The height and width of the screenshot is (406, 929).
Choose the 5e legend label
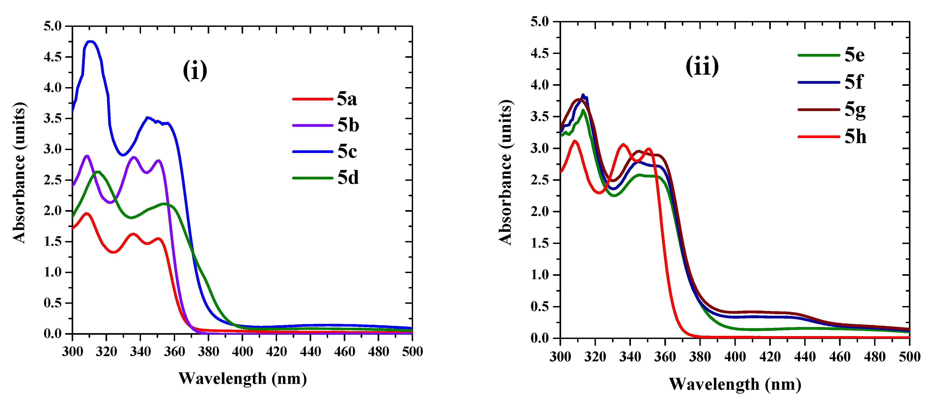click(x=854, y=55)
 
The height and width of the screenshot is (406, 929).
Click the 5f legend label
click(x=853, y=82)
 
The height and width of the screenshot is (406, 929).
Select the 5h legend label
click(x=855, y=137)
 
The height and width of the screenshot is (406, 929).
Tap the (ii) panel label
click(x=702, y=66)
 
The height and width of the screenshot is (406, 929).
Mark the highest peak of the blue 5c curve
click(x=91, y=42)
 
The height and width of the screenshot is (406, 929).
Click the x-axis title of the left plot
click(x=243, y=379)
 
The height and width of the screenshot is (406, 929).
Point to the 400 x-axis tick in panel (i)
click(x=242, y=351)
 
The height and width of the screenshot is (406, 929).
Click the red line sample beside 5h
click(x=819, y=137)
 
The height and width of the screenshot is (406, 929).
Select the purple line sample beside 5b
click(x=312, y=125)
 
